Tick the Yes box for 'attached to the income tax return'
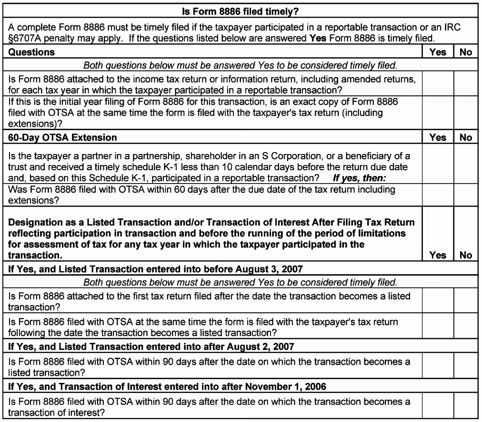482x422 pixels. [437, 84]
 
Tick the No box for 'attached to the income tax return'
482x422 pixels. [465, 84]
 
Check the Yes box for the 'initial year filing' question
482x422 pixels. [437, 113]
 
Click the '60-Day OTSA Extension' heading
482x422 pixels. [62, 137]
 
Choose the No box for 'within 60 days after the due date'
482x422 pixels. [465, 195]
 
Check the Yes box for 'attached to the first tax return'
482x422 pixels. [437, 301]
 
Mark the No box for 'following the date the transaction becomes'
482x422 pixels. [465, 327]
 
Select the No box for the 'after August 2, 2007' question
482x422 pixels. [465, 366]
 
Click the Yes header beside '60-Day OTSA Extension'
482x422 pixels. [437, 137]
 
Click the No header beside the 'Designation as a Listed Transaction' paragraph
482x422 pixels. [465, 255]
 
